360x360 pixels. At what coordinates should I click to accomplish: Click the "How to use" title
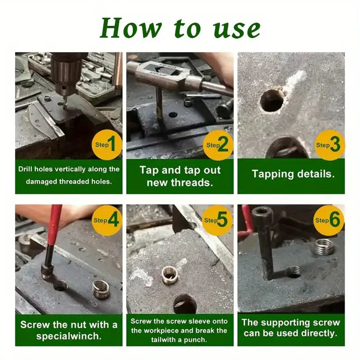click(x=180, y=28)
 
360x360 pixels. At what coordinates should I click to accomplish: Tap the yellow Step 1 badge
click(x=107, y=145)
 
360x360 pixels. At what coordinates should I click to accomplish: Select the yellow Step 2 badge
click(x=218, y=145)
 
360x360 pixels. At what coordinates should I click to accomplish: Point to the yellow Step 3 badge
click(x=329, y=145)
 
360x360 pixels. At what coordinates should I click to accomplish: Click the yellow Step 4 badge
click(x=107, y=220)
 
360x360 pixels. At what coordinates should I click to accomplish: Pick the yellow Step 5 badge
click(x=217, y=220)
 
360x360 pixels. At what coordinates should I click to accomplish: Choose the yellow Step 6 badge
click(x=329, y=220)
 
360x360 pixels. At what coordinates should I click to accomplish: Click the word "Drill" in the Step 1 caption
click(x=25, y=169)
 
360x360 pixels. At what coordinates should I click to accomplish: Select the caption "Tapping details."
click(x=293, y=174)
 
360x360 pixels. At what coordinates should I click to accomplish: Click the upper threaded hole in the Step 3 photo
click(x=272, y=101)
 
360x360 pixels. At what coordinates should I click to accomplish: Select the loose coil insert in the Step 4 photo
click(x=101, y=289)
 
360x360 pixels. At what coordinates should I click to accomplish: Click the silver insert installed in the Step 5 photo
click(x=170, y=275)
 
